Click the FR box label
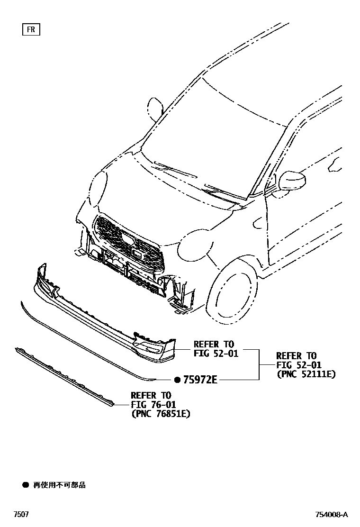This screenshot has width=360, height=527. pos(31,29)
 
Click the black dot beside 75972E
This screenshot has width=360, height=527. pos(177,380)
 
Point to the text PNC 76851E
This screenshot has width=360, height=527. pos(161,414)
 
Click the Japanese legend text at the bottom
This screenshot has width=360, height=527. pos(59,485)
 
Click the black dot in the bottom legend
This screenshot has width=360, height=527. pos(26,485)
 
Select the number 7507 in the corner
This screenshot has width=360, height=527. pos(20,515)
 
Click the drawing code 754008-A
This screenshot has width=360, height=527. pos(332,515)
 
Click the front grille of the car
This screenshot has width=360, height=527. pos(128,242)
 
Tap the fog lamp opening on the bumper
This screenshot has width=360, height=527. pos(151,350)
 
